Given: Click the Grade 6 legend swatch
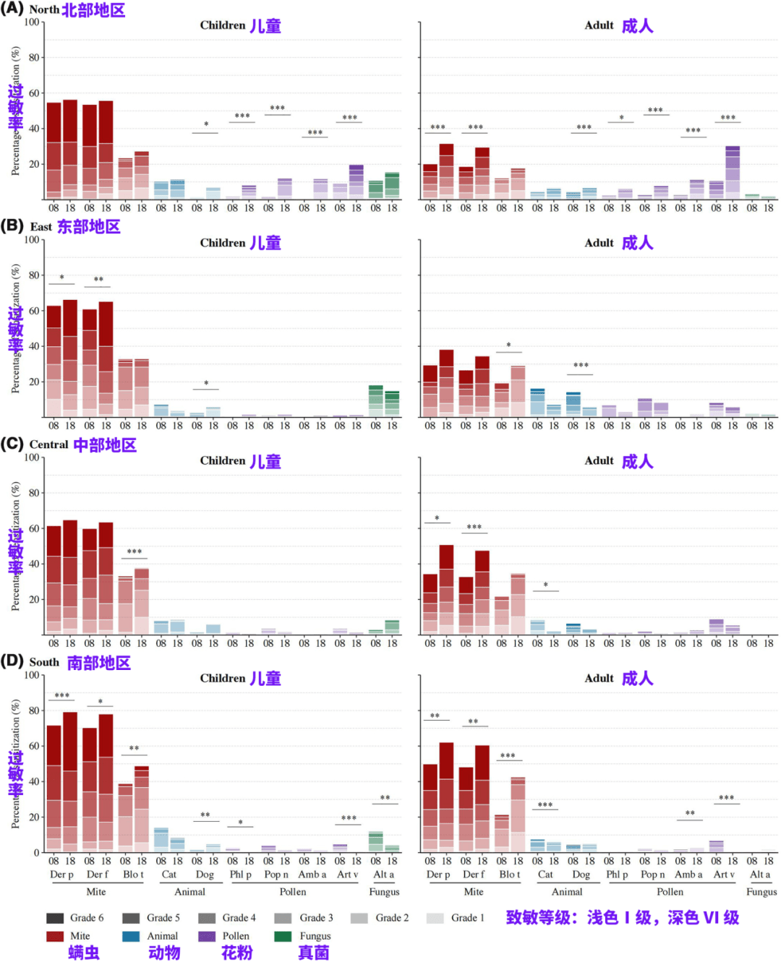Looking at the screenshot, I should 55,918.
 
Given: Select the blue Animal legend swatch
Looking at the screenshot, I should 131,936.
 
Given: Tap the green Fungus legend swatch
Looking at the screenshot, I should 283,936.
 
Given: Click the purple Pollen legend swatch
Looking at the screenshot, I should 207,936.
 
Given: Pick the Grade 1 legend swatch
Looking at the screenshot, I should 435,918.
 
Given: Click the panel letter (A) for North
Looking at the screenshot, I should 12,9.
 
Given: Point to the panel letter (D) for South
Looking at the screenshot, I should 12,661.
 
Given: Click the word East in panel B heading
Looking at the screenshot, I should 40,227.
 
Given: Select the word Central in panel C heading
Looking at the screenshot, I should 48,445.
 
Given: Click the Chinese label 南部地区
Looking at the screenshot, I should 99,663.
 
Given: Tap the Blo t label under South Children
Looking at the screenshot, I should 133,875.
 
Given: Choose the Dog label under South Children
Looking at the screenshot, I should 205,875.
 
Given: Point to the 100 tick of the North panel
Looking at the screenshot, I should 32,22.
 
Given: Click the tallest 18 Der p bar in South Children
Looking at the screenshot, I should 70,781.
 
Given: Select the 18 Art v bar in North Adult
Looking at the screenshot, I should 733,172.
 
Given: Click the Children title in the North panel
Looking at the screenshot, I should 223,25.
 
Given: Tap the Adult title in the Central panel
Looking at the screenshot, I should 599,461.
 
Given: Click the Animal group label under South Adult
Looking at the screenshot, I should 567,892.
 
